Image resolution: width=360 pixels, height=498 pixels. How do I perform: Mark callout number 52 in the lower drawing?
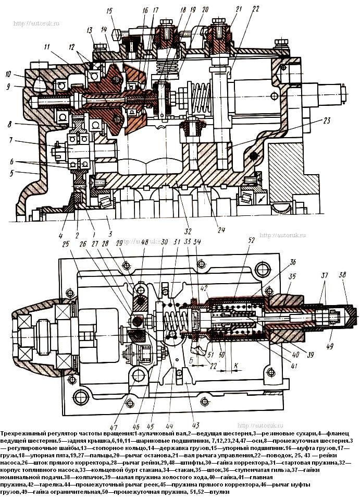pos(253,240)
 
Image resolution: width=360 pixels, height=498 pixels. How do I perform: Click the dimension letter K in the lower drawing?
pos(236,366)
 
